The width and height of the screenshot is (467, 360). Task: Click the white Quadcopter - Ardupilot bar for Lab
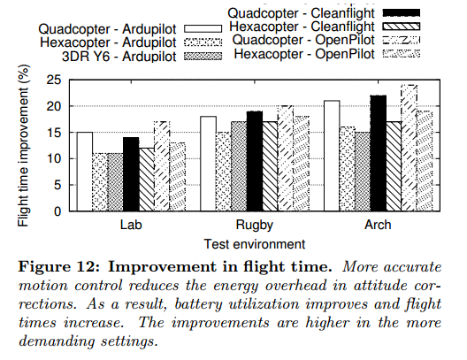pyautogui.click(x=85, y=172)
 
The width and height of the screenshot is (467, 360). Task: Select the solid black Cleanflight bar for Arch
pyautogui.click(x=379, y=153)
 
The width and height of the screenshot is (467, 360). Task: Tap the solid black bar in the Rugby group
pyautogui.click(x=255, y=161)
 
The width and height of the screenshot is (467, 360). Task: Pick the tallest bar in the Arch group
pyautogui.click(x=410, y=148)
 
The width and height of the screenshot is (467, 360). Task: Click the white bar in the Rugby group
pyautogui.click(x=208, y=164)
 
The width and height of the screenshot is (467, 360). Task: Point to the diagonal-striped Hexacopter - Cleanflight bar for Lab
pyautogui.click(x=147, y=180)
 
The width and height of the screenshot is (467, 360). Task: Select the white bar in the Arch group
pyautogui.click(x=332, y=156)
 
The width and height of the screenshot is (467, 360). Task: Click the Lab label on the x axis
pyautogui.click(x=131, y=225)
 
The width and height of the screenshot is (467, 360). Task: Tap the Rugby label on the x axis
pyautogui.click(x=255, y=226)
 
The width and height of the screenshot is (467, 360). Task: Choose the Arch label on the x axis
pyautogui.click(x=378, y=225)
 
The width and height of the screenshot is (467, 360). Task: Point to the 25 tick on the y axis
pyautogui.click(x=54, y=80)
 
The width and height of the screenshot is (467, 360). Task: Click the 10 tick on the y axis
pyautogui.click(x=54, y=158)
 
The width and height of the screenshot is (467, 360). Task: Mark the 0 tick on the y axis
pyautogui.click(x=57, y=211)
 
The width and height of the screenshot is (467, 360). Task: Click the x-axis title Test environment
pyautogui.click(x=255, y=244)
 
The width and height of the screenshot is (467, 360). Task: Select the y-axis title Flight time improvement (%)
pyautogui.click(x=23, y=146)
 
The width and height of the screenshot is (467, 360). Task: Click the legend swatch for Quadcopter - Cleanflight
pyautogui.click(x=402, y=12)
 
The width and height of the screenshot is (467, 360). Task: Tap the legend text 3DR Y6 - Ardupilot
pyautogui.click(x=119, y=57)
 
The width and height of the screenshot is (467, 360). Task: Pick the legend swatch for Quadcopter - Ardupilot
pyautogui.click(x=203, y=29)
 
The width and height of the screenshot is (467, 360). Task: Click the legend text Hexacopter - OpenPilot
pyautogui.click(x=304, y=54)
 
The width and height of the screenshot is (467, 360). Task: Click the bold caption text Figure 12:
pyautogui.click(x=58, y=267)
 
